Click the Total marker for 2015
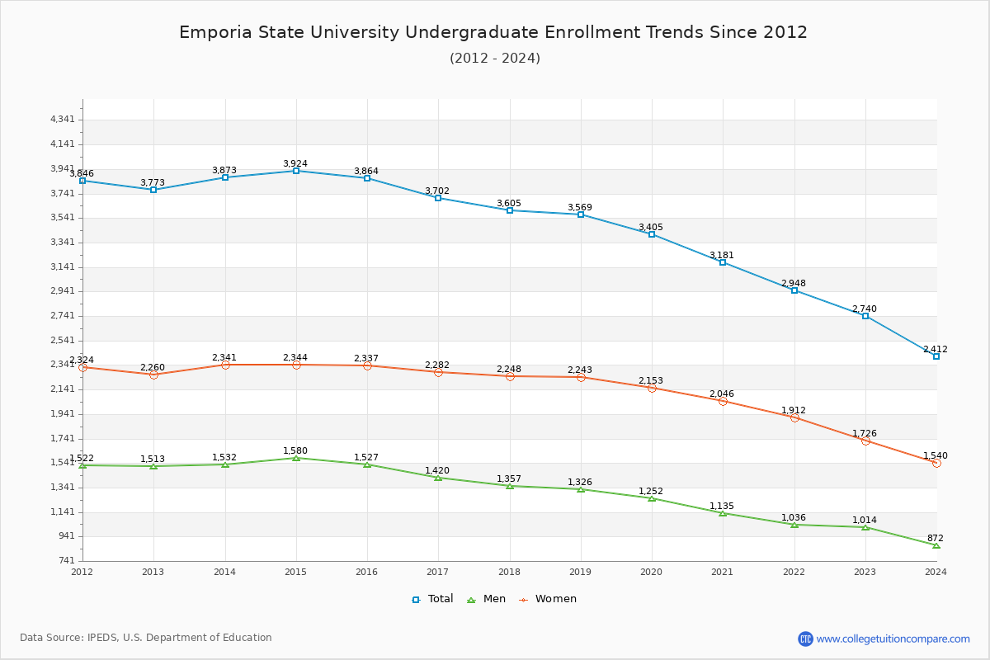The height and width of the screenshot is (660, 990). pyautogui.click(x=296, y=171)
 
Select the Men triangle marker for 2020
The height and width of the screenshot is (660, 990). pyautogui.click(x=652, y=498)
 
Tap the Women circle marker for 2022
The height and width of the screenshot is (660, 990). pyautogui.click(x=794, y=417)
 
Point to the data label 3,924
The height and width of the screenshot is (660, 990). pyautogui.click(x=295, y=163)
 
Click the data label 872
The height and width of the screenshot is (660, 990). pyautogui.click(x=935, y=538)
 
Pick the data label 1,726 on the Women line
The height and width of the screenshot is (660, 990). pyautogui.click(x=865, y=433)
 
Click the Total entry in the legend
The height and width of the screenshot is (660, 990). pyautogui.click(x=433, y=599)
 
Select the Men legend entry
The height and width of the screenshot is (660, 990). pyautogui.click(x=487, y=599)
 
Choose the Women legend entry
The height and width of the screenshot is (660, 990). pyautogui.click(x=548, y=599)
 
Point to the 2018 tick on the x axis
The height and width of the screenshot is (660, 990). pyautogui.click(x=509, y=571)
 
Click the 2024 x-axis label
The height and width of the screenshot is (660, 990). pyautogui.click(x=936, y=571)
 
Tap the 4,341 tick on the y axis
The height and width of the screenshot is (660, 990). pyautogui.click(x=63, y=120)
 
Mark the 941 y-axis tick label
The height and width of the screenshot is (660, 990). pyautogui.click(x=66, y=536)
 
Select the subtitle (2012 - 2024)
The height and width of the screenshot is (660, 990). pyautogui.click(x=495, y=59)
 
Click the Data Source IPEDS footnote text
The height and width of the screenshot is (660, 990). pyautogui.click(x=146, y=638)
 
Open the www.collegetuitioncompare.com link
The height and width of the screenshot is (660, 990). pyautogui.click(x=893, y=639)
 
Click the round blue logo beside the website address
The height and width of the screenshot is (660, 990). pyautogui.click(x=805, y=639)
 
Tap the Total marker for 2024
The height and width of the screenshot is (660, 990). pyautogui.click(x=936, y=356)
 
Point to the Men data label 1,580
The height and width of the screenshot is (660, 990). pyautogui.click(x=295, y=450)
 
